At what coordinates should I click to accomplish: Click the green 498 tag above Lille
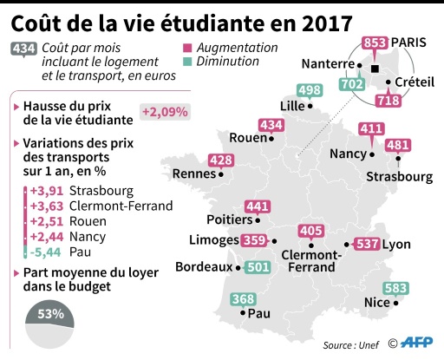[x=309, y=90]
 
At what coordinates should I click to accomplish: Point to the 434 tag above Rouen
[x=271, y=126]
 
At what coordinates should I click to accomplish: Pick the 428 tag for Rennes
[x=221, y=160]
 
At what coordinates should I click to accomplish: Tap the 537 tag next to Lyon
[x=368, y=244]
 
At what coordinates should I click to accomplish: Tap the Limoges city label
[x=212, y=240]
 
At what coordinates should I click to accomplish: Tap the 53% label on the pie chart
[x=49, y=313]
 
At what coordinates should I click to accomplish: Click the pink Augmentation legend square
[x=187, y=48]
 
